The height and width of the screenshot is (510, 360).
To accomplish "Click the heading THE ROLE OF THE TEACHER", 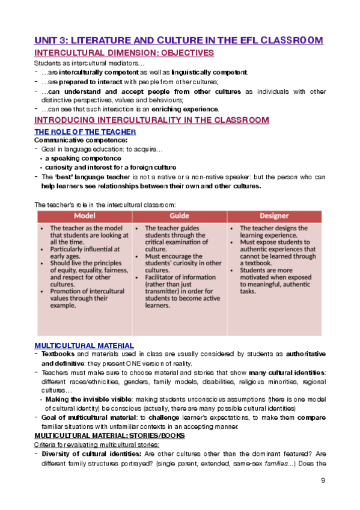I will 85,131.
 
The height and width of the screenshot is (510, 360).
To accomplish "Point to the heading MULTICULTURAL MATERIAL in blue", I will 84,345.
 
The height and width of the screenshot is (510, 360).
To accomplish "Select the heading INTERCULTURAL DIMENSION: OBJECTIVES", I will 124,54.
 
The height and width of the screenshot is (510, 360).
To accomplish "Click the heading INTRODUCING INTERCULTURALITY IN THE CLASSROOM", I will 152,120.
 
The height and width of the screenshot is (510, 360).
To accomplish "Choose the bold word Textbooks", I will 57,354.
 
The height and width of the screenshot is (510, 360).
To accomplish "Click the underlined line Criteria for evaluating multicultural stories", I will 96,444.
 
